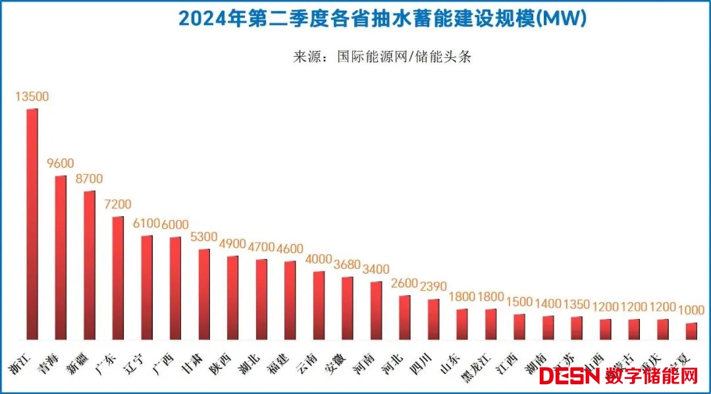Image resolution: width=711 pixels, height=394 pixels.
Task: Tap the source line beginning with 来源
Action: click(382, 57)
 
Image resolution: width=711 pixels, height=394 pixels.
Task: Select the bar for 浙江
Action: click(32, 224)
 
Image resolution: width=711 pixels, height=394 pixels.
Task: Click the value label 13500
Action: click(32, 97)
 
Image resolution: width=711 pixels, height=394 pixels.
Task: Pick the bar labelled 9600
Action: click(61, 257)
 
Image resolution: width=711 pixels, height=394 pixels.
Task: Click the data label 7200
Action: click(118, 204)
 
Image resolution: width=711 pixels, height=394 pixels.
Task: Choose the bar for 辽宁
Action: click(147, 287)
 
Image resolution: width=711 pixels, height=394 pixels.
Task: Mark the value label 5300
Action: click(205, 237)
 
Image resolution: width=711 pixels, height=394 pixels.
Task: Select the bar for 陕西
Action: click(233, 297)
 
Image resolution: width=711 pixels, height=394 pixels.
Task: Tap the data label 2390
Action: click(434, 287)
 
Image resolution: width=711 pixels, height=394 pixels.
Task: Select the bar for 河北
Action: click(405, 317)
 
